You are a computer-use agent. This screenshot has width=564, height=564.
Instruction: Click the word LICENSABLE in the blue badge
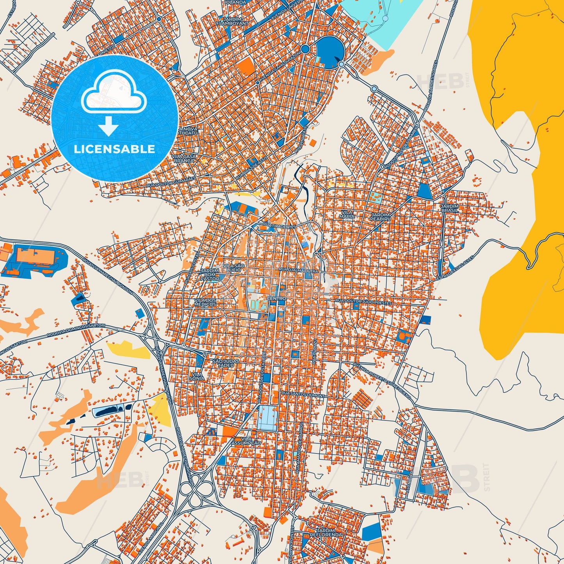(114, 149)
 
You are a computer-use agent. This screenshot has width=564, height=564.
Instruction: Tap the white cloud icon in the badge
(114, 93)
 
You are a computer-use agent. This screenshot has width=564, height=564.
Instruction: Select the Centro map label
(276, 299)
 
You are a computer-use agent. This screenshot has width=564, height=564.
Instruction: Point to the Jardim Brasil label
(449, 208)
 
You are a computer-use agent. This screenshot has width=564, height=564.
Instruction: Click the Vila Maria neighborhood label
(347, 214)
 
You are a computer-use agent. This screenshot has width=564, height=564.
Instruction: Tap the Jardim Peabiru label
(381, 217)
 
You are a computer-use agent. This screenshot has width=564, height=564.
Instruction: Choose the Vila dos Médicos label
(205, 302)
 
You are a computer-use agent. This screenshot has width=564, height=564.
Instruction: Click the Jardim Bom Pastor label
(209, 275)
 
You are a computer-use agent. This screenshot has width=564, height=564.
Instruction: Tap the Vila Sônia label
(196, 376)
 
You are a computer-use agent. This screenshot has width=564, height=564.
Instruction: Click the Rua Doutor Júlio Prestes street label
(363, 302)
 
